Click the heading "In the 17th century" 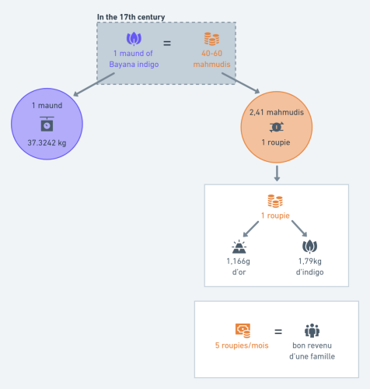click(x=131, y=17)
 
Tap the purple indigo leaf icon click(x=134, y=39)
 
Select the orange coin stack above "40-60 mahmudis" click(x=211, y=39)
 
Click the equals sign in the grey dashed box click(x=167, y=43)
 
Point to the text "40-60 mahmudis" click(x=211, y=59)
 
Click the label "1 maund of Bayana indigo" click(x=134, y=59)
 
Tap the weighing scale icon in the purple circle click(x=47, y=124)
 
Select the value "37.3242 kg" click(x=47, y=143)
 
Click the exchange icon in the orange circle click(x=277, y=127)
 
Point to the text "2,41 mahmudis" click(x=277, y=112)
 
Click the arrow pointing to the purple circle click(x=94, y=84)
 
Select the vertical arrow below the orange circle click(x=277, y=173)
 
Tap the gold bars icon click(x=239, y=247)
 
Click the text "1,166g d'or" click(x=239, y=266)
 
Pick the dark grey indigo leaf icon click(x=309, y=247)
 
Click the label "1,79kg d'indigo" click(x=309, y=266)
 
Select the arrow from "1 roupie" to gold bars click(x=251, y=229)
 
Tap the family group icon click(x=312, y=331)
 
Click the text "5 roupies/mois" click(x=242, y=345)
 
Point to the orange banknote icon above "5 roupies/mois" click(x=243, y=331)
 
